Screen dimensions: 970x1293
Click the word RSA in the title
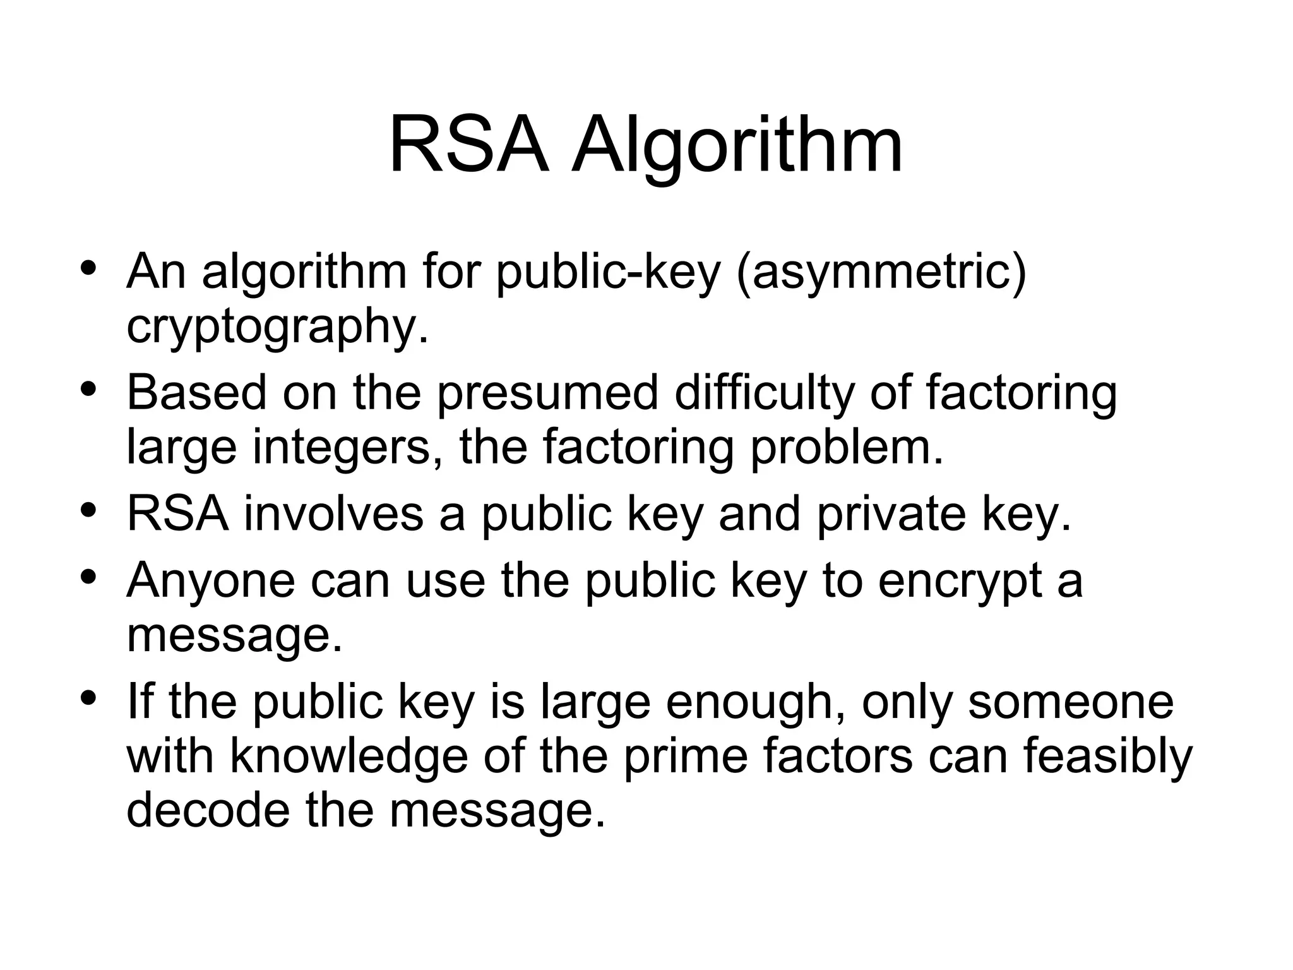click(x=468, y=146)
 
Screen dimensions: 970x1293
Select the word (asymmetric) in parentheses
click(x=881, y=273)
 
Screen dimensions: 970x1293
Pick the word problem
click(x=846, y=448)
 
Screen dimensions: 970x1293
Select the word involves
click(x=333, y=513)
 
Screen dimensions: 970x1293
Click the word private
click(x=891, y=513)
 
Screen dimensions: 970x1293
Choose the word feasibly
click(x=1107, y=758)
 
